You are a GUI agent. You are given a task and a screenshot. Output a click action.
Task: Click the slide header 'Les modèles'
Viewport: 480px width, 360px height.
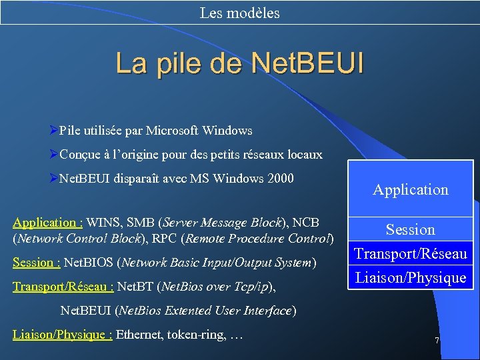point(239,13)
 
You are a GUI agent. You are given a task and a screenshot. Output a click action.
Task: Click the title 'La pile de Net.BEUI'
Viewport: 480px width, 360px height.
point(240,63)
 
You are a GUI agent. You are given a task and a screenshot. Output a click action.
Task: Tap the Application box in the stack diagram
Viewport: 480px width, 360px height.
point(410,190)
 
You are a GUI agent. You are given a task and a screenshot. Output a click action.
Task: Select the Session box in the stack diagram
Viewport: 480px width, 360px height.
point(410,230)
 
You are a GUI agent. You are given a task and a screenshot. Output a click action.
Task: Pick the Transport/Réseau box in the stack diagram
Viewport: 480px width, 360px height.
point(410,253)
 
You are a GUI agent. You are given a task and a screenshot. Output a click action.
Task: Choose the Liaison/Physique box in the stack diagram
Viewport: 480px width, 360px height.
point(410,277)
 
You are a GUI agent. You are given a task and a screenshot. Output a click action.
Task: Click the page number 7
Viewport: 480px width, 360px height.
point(437,341)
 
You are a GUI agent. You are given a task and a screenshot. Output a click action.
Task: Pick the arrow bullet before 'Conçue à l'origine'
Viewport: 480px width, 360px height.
point(54,155)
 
